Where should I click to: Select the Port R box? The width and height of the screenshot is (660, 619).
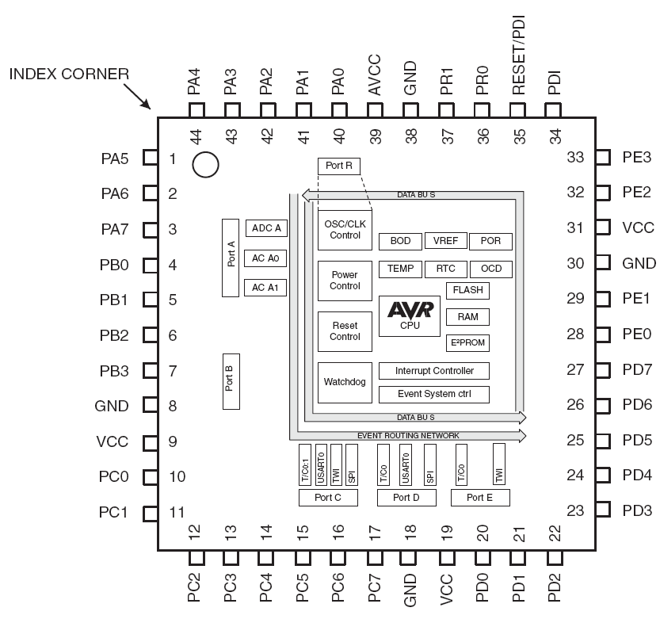(339, 166)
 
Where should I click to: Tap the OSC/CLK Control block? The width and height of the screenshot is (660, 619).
(345, 230)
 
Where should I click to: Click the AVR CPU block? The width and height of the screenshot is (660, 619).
(410, 315)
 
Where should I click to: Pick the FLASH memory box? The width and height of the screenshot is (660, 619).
(467, 290)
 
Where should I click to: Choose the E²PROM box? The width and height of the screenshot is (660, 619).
(467, 342)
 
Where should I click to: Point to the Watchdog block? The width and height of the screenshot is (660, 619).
(345, 382)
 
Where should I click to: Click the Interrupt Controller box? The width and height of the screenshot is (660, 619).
(434, 371)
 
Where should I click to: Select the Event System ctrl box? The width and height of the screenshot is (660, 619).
(434, 394)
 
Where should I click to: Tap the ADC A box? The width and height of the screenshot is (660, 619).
(266, 228)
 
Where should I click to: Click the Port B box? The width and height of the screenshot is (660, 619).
(231, 381)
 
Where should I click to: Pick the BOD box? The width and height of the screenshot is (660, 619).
(400, 241)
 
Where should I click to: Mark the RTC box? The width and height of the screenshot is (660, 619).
(446, 269)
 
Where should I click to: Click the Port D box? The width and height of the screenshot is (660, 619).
(406, 498)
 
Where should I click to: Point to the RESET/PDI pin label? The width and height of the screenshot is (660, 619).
(518, 55)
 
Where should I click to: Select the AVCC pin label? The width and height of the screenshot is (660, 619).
(374, 75)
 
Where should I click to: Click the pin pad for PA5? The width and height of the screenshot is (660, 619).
(151, 158)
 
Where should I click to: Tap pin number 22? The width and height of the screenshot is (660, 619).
(555, 533)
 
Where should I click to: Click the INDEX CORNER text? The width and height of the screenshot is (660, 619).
(69, 75)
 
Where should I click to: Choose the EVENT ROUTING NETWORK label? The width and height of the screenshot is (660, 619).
(408, 435)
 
